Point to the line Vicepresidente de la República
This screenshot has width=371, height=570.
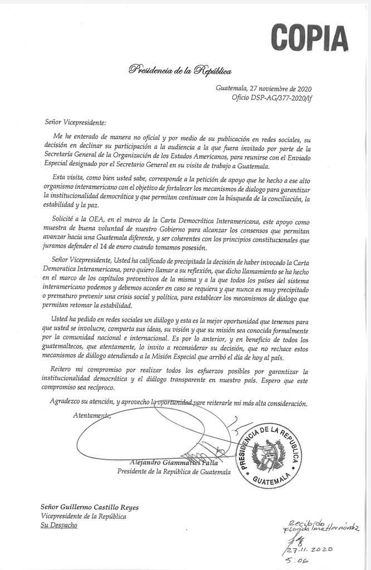coord(83,517)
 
